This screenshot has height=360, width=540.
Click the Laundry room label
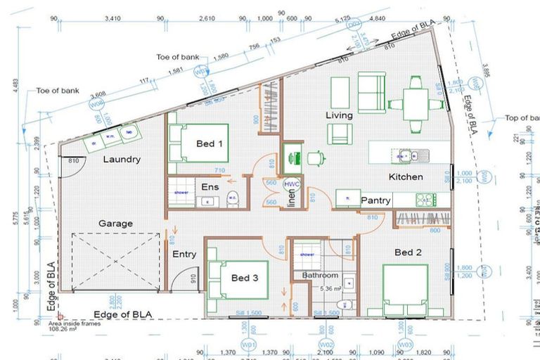point(122,160)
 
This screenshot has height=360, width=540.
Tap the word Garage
point(115,224)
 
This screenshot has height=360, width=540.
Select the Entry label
point(184,255)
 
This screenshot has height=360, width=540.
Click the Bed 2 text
point(408,252)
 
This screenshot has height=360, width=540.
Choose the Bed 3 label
point(245,278)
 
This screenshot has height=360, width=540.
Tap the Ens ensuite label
point(210,188)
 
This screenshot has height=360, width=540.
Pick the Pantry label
point(375,201)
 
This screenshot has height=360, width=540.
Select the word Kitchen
point(406,177)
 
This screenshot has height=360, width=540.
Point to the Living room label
point(339,115)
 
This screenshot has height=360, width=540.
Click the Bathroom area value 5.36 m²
point(330,288)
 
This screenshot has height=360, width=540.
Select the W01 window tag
point(247,345)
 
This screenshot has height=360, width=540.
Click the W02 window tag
point(326,345)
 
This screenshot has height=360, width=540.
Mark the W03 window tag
point(404,345)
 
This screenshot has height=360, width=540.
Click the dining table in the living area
point(416,104)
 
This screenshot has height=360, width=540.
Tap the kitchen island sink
point(406,153)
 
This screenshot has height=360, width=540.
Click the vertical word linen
point(292,200)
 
